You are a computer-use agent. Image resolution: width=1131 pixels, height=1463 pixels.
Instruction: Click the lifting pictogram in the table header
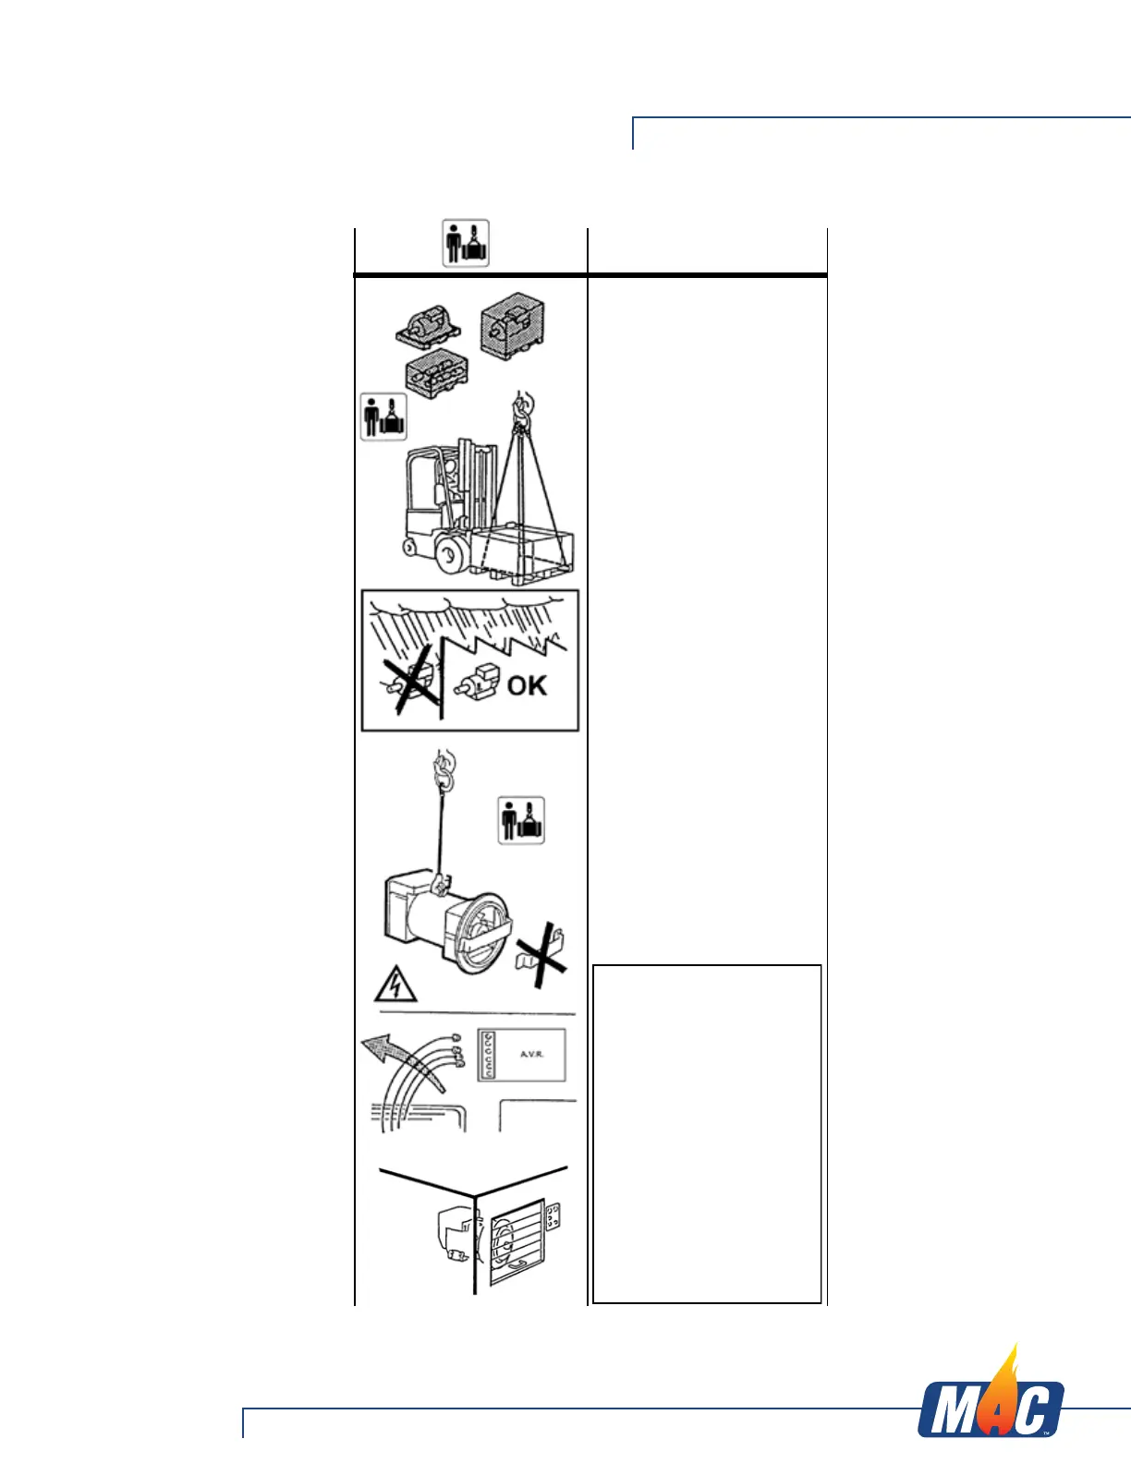pyautogui.click(x=466, y=243)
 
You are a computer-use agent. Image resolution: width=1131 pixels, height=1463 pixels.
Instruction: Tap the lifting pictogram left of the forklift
pyautogui.click(x=383, y=417)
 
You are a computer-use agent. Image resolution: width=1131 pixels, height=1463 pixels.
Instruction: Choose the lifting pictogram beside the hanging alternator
pyautogui.click(x=521, y=820)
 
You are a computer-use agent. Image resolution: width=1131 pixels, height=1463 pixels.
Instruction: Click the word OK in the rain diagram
pyautogui.click(x=527, y=685)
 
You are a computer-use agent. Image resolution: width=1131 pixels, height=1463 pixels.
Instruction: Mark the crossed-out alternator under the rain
pyautogui.click(x=411, y=684)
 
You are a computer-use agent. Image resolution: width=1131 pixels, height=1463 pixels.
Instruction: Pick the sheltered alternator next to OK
pyautogui.click(x=476, y=684)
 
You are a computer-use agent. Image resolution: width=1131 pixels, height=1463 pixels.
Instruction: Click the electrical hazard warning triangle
pyautogui.click(x=395, y=985)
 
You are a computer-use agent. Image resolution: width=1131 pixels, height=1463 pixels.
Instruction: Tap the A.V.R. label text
pyautogui.click(x=531, y=1054)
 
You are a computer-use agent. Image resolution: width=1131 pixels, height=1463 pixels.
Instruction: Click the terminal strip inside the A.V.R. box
pyautogui.click(x=488, y=1055)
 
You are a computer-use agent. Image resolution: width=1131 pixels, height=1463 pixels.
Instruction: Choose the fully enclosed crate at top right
pyautogui.click(x=513, y=328)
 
